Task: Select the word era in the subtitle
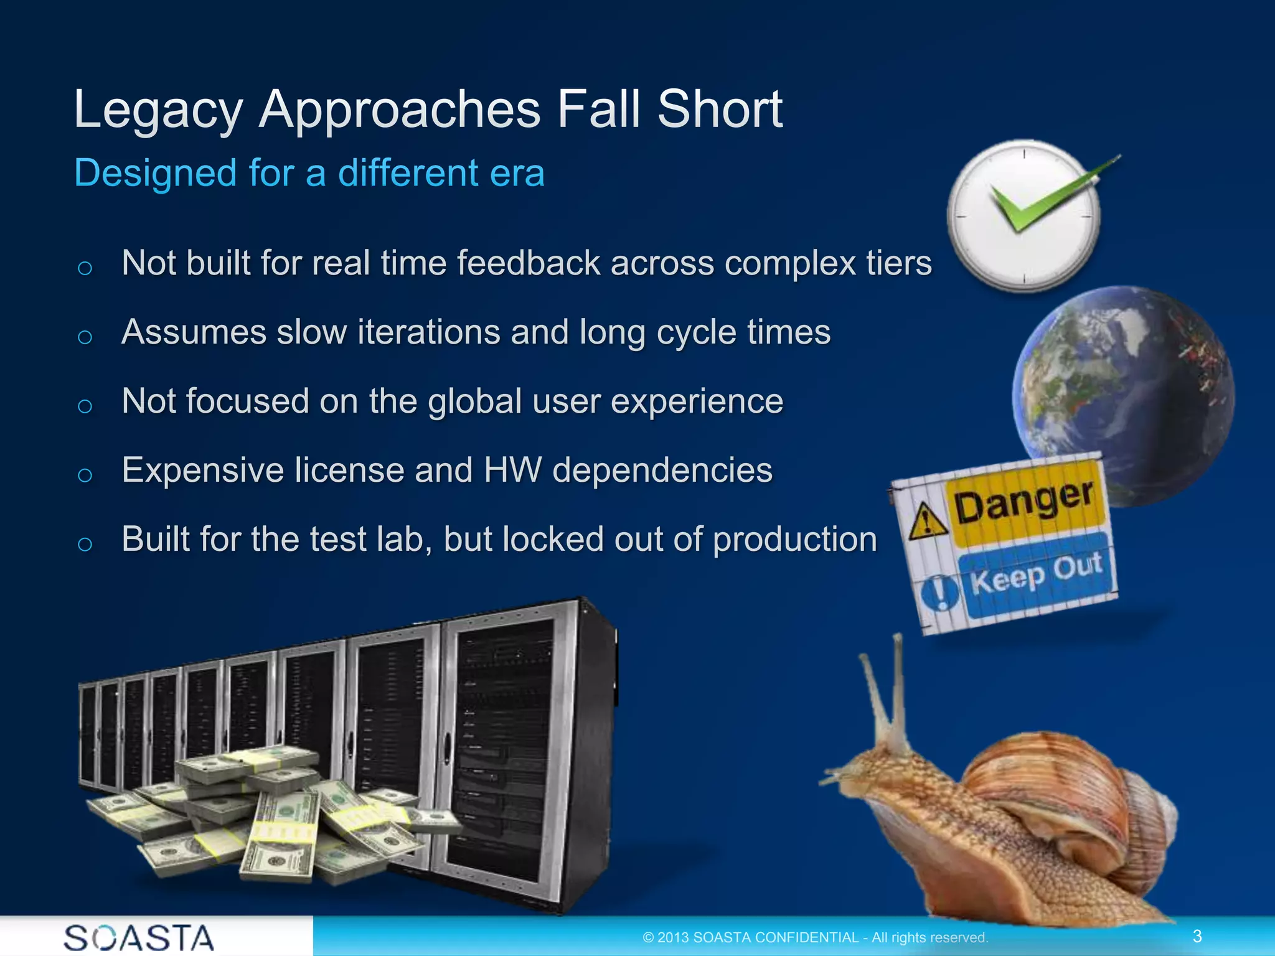[x=517, y=173]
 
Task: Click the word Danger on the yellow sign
[x=1023, y=503]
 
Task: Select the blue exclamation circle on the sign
[x=939, y=592]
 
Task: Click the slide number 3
[x=1197, y=936]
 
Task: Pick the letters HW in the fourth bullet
[x=512, y=470]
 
